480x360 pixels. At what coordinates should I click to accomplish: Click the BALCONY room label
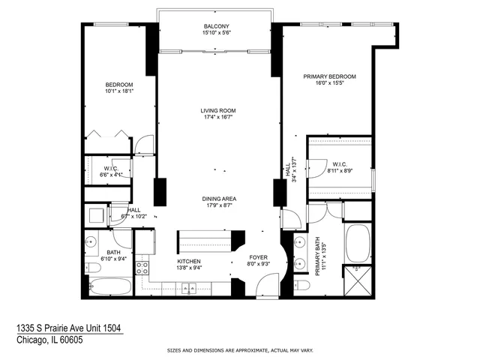(216, 25)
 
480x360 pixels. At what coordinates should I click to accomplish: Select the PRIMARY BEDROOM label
(329, 76)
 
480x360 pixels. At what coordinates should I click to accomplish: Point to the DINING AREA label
(218, 199)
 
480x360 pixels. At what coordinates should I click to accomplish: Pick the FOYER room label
(258, 257)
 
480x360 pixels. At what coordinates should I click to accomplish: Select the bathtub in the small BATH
(109, 286)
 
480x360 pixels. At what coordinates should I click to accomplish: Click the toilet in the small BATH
(94, 268)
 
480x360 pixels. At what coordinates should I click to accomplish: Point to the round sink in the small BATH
(91, 241)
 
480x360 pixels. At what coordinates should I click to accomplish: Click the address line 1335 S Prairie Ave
(69, 328)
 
